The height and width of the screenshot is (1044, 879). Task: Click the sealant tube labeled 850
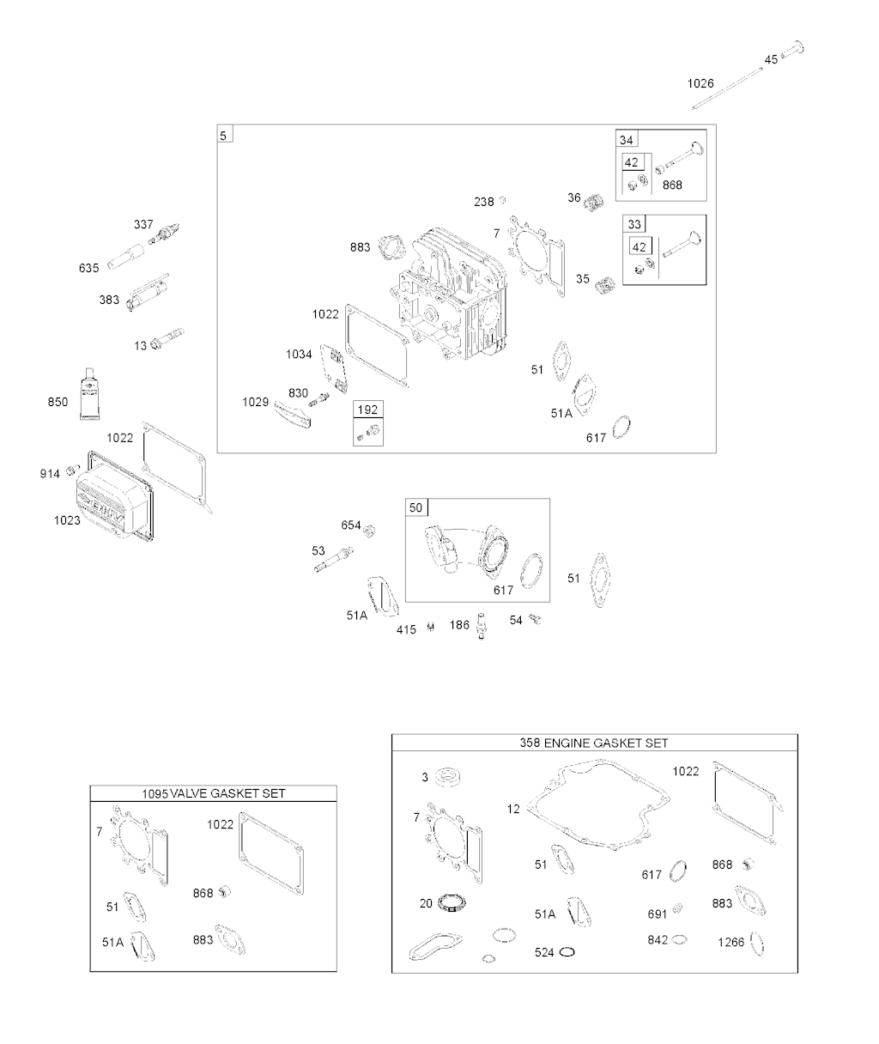[x=90, y=393]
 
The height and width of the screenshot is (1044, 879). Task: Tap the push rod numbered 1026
[x=727, y=88]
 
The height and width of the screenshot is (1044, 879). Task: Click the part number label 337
[x=143, y=224]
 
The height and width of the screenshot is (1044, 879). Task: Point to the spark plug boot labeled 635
[x=126, y=256]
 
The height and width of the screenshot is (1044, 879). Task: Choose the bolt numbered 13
[x=167, y=338]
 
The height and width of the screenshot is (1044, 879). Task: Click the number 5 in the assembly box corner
[x=223, y=136]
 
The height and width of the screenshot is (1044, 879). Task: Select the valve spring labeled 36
[x=594, y=202]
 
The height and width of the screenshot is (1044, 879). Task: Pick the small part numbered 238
[x=502, y=200]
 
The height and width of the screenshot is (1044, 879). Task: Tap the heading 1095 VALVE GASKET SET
[x=214, y=793]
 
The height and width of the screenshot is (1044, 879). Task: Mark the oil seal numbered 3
[x=447, y=776]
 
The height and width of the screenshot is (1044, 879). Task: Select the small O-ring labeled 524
[x=567, y=952]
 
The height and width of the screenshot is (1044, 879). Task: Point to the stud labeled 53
[x=334, y=560]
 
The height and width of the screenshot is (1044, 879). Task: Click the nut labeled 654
[x=369, y=531]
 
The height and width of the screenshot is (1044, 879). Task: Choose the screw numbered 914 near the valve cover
[x=73, y=470]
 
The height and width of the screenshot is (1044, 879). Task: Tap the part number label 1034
[x=299, y=355]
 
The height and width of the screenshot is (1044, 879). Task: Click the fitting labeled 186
[x=481, y=626]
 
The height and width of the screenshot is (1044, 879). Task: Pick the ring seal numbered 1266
[x=757, y=944]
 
